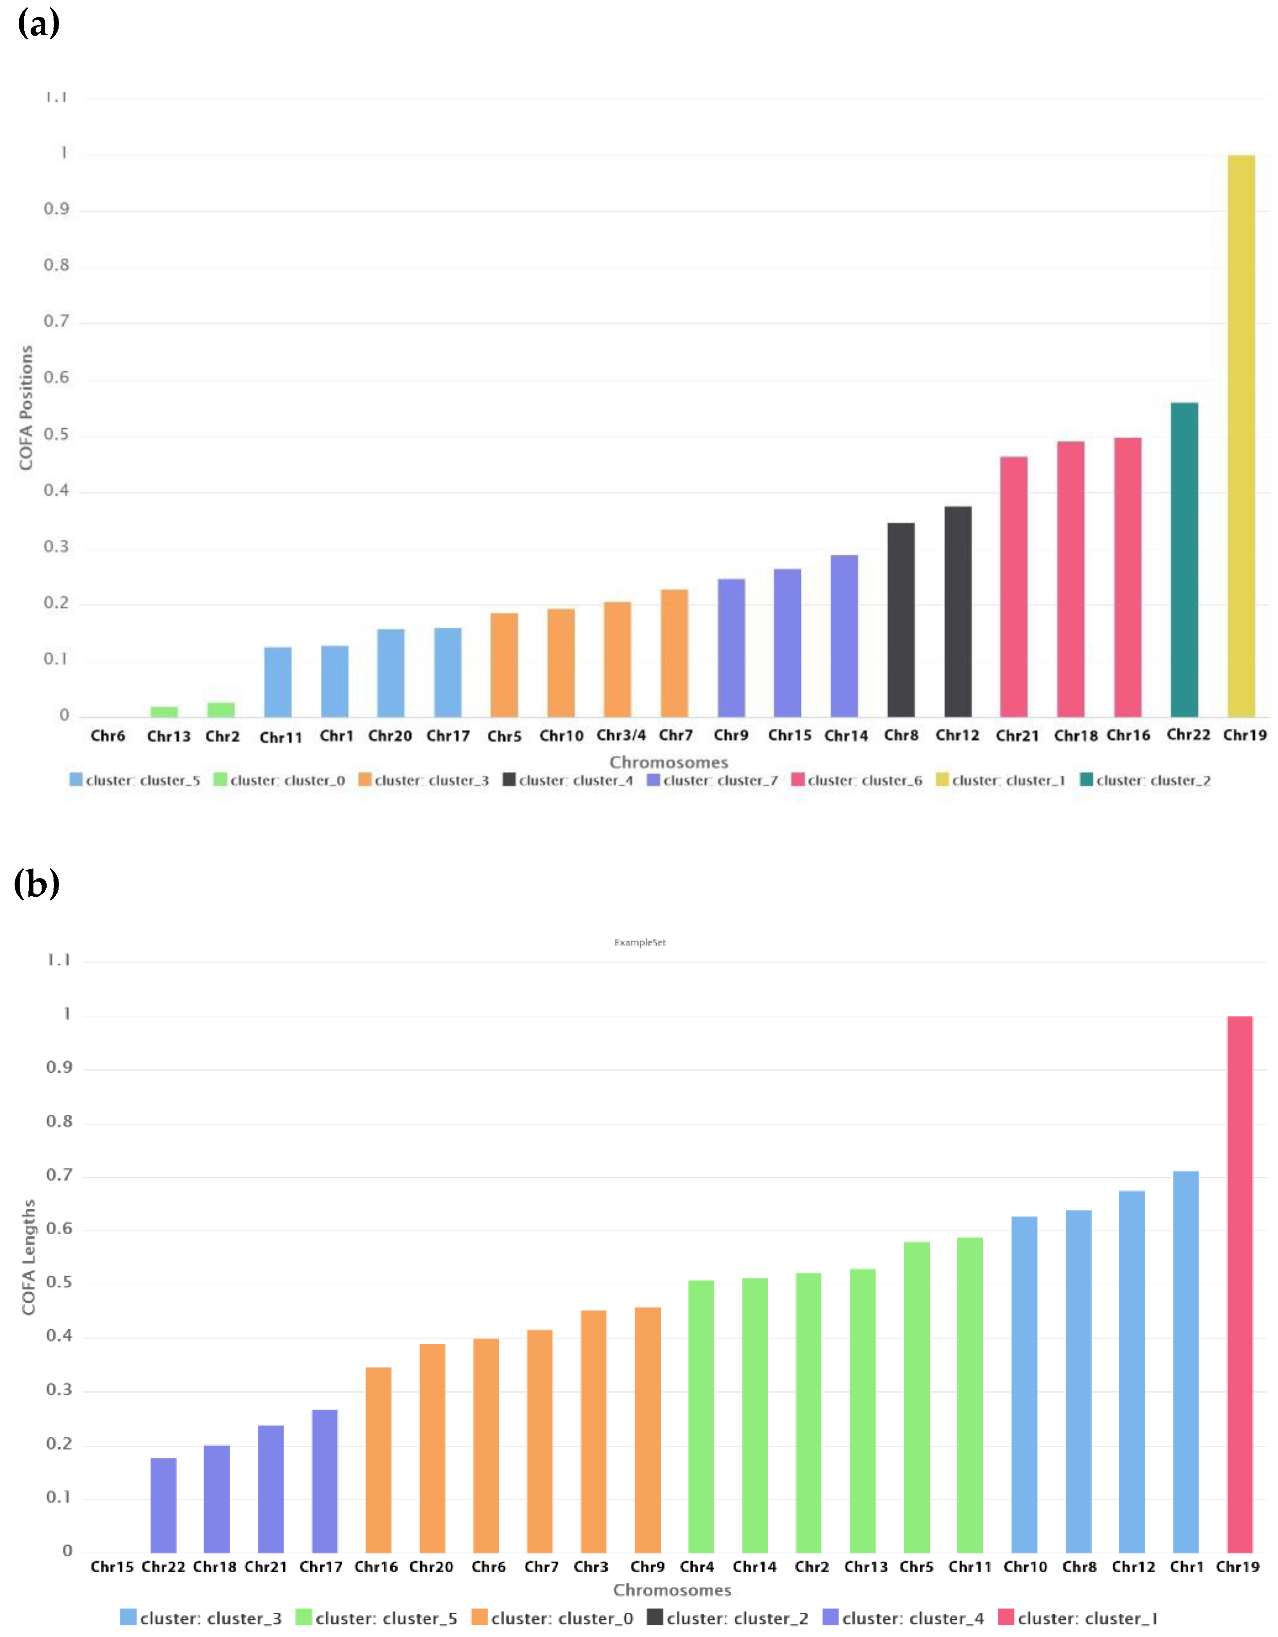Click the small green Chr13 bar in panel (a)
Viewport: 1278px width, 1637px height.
164,711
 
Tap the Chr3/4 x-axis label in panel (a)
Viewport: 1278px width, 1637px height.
620,735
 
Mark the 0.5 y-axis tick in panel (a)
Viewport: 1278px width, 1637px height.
56,435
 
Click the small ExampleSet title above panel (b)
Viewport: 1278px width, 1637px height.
639,942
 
